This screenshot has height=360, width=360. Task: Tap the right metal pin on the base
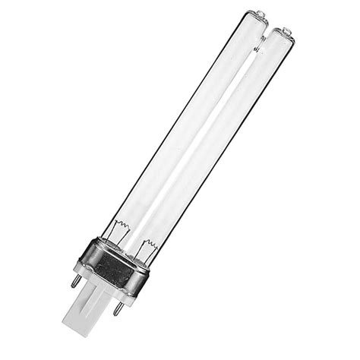(x=118, y=308)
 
